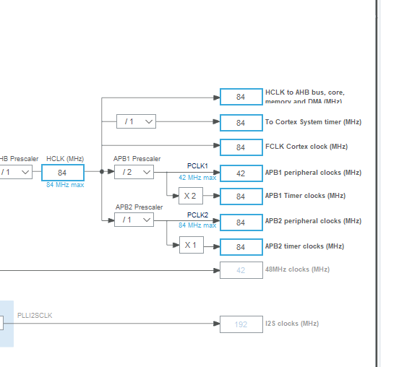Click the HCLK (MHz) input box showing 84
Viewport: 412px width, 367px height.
coord(62,173)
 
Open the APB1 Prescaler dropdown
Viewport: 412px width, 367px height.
coord(134,172)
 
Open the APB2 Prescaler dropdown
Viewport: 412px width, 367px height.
coord(134,220)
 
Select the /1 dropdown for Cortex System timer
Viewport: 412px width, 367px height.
coord(136,121)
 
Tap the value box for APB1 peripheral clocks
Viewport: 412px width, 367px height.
coord(241,173)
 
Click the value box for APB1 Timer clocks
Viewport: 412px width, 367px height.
coord(241,197)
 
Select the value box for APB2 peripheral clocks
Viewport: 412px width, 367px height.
coord(241,222)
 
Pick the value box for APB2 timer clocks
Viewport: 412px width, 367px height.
coord(241,247)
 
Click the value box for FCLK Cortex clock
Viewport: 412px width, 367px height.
coord(241,147)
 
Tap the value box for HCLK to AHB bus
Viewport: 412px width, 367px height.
coord(241,97)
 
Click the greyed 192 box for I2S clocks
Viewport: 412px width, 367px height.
coord(241,324)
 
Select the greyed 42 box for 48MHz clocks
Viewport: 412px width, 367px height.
coord(241,270)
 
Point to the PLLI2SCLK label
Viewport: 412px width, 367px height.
coord(35,316)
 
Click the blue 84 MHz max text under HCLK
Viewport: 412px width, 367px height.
coord(65,185)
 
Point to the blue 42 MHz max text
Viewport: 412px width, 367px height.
coord(197,177)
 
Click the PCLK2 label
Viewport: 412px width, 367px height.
coord(197,215)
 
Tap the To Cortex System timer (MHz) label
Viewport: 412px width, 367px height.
coord(312,122)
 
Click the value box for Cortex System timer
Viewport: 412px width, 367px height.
coord(241,123)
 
